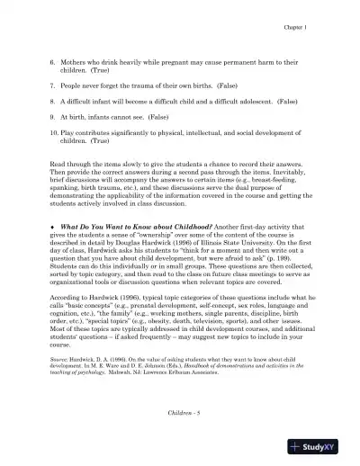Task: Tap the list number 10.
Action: click(x=54, y=132)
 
